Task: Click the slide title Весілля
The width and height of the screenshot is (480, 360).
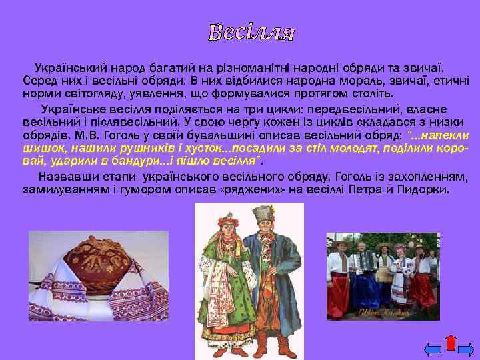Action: (x=251, y=32)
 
